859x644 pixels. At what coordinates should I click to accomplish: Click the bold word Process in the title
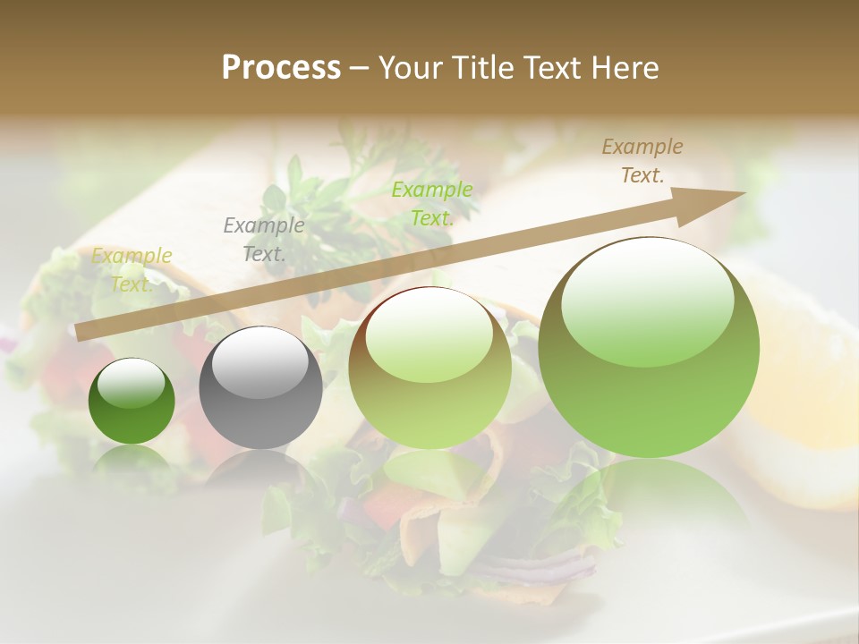point(281,68)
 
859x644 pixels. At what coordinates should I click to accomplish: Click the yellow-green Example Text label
point(132,269)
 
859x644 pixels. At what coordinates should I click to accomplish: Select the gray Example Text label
point(263,239)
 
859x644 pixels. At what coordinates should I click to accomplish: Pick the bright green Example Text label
point(432,203)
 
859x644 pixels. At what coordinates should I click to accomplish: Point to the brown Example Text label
point(642,161)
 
